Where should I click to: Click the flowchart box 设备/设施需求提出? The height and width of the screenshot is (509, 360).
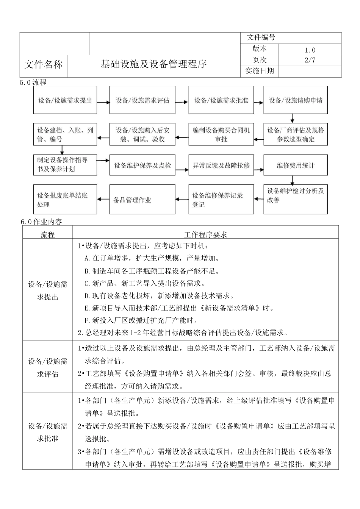click(x=65, y=100)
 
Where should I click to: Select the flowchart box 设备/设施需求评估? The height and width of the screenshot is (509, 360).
click(x=142, y=100)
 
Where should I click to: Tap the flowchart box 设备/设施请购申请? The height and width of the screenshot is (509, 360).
click(x=296, y=100)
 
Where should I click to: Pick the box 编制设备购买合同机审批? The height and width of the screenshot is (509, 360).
click(x=221, y=134)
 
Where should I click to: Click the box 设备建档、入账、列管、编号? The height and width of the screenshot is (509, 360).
click(x=65, y=134)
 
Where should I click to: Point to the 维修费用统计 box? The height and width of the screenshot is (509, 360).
click(x=296, y=166)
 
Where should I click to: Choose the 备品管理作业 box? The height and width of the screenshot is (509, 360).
click(x=142, y=200)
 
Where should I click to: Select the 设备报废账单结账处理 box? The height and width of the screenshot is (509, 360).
click(x=65, y=200)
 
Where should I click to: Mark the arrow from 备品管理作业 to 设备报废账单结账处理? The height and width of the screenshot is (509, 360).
click(x=103, y=199)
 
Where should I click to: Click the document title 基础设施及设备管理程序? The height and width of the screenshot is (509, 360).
click(x=153, y=64)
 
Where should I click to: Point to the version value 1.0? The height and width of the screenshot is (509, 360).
click(x=310, y=50)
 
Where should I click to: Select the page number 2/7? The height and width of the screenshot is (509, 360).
click(x=310, y=60)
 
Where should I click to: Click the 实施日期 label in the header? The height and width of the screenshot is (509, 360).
click(x=260, y=71)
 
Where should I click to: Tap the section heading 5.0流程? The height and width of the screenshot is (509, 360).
click(x=33, y=82)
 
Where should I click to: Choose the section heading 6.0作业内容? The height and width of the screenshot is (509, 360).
click(x=42, y=222)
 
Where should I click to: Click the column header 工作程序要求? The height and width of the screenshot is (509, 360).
click(x=205, y=235)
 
